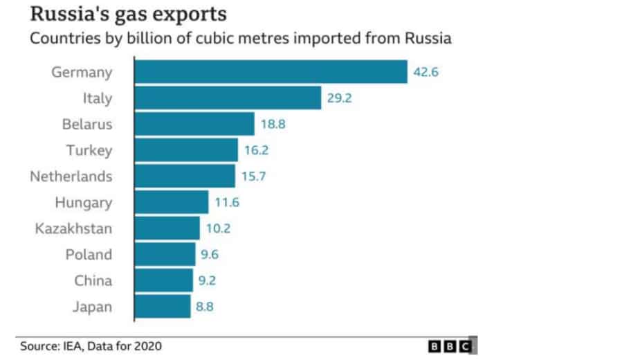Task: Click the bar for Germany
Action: pyautogui.click(x=270, y=72)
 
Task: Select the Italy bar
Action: pyautogui.click(x=227, y=98)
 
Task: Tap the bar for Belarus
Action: pyautogui.click(x=194, y=125)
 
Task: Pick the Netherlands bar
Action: pyautogui.click(x=184, y=177)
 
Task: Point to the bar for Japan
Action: pyautogui.click(x=162, y=307)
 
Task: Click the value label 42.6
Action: pyautogui.click(x=426, y=72)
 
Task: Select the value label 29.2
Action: pyautogui.click(x=340, y=98)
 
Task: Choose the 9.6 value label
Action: pyautogui.click(x=210, y=255)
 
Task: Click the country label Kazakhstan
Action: pyautogui.click(x=73, y=228)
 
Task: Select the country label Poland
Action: pyautogui.click(x=88, y=255)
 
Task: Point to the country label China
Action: pyautogui.click(x=93, y=281)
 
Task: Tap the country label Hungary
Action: pyautogui.click(x=83, y=203)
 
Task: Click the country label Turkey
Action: pyautogui.click(x=89, y=150)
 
